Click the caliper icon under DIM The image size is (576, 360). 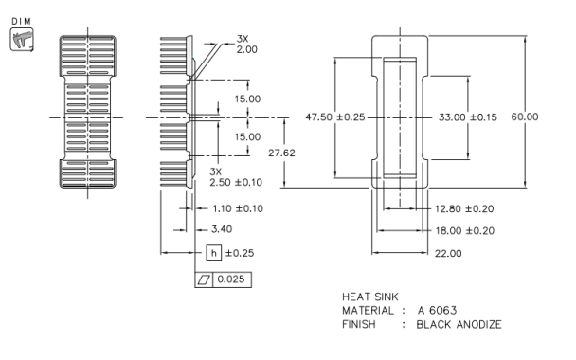tap(19, 41)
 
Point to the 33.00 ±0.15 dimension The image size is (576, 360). tap(467, 117)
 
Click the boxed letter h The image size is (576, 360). tap(214, 253)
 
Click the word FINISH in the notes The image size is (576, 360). tap(358, 325)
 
